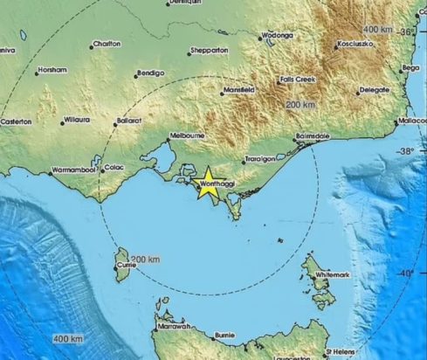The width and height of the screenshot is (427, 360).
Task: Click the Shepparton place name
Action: click(x=210, y=51)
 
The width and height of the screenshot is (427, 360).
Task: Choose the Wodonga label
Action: click(x=276, y=36)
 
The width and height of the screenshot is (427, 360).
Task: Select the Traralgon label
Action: click(x=259, y=160)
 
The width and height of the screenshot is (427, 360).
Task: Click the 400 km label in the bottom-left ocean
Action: click(x=66, y=337)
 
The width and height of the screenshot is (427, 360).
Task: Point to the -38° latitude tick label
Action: click(x=408, y=151)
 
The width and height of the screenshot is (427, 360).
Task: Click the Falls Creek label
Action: click(x=296, y=80)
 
